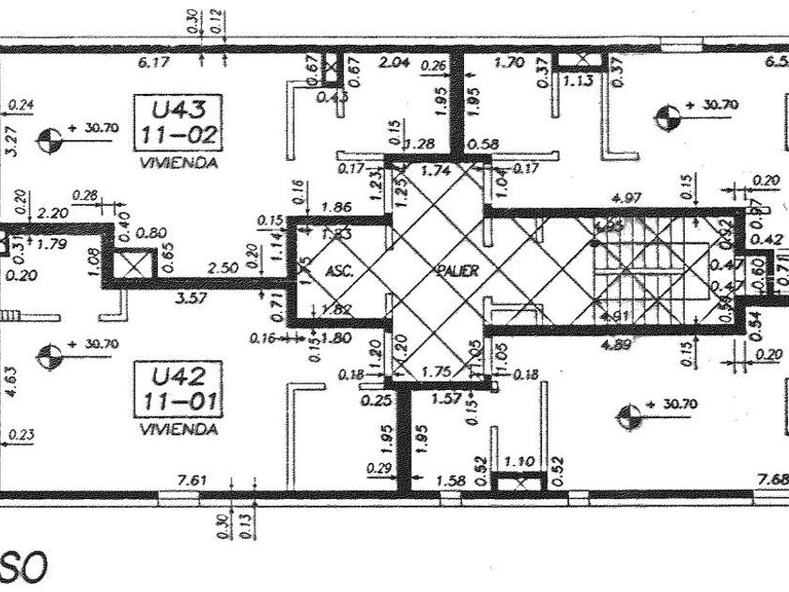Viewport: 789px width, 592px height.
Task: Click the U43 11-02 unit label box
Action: click(x=178, y=121)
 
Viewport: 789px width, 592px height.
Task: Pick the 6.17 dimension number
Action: click(x=153, y=64)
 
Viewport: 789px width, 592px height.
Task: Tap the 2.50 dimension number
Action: click(x=223, y=269)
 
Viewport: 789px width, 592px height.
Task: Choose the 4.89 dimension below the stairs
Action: click(x=619, y=344)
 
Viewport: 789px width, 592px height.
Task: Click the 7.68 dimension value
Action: click(x=772, y=479)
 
